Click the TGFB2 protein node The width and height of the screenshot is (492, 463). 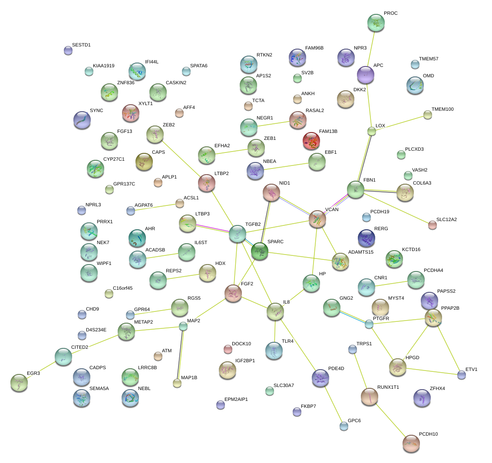(x=238, y=233)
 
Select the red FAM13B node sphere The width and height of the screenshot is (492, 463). (x=311, y=140)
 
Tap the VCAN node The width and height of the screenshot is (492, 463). (x=317, y=219)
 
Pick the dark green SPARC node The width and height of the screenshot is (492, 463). (x=260, y=251)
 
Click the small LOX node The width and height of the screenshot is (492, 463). (x=371, y=131)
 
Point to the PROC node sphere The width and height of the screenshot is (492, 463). (x=376, y=23)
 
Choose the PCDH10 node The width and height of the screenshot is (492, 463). (x=411, y=443)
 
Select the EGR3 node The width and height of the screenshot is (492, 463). (x=19, y=382)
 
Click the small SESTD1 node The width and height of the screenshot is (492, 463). (x=68, y=50)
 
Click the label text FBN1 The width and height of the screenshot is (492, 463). (x=369, y=180)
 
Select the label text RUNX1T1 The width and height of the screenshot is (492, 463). (x=388, y=387)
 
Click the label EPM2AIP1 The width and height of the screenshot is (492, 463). (x=236, y=399)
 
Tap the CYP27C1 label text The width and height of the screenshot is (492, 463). (x=114, y=159)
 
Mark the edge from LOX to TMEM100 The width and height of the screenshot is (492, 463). (x=400, y=122)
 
